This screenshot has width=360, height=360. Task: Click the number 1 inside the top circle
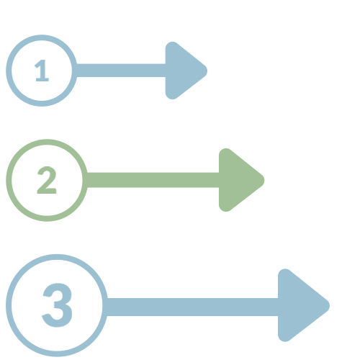click(42, 71)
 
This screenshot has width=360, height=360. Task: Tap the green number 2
click(47, 180)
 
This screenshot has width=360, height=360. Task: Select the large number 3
click(58, 305)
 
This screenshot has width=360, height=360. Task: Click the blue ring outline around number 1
click(9, 71)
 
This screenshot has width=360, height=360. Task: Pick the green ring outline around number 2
click(9, 180)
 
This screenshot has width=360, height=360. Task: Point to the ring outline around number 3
click(9, 305)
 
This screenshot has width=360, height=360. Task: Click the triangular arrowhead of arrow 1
click(182, 71)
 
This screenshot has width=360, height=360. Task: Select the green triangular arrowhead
click(238, 180)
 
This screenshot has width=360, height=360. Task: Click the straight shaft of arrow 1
click(121, 71)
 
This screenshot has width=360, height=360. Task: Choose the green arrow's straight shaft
click(153, 180)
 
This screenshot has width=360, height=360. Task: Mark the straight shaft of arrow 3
click(192, 307)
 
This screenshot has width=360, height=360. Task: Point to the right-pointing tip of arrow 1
click(207, 71)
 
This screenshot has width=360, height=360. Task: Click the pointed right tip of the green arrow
click(264, 180)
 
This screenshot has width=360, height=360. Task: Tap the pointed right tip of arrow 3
click(329, 305)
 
